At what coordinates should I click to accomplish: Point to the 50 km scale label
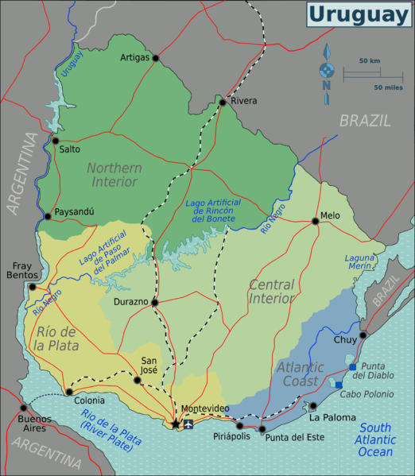coord(369,60)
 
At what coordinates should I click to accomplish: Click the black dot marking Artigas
coord(156,58)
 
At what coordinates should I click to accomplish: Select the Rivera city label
coord(244,101)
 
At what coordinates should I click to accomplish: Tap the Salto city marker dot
coord(55,141)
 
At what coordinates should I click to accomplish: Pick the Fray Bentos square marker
coord(33,286)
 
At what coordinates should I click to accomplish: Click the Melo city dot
coord(316,221)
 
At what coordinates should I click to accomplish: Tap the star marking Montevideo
coord(176,424)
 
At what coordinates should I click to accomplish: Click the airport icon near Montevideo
coord(188,424)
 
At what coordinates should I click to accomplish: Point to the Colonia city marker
coord(69,392)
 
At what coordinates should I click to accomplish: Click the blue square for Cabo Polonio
coord(339,385)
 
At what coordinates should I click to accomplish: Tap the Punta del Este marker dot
coord(262,429)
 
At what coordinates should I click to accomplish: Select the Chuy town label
coord(345,339)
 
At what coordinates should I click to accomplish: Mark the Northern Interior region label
coord(114,175)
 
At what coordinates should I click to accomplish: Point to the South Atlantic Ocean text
coord(374,439)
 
